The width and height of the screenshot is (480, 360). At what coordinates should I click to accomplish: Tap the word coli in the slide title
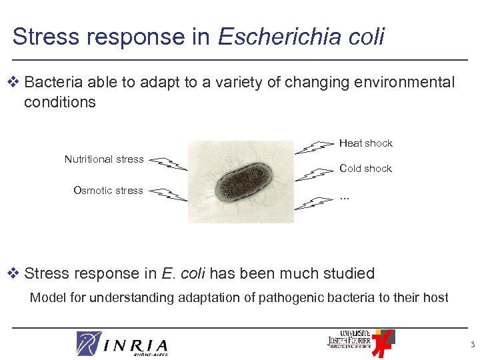point(366,36)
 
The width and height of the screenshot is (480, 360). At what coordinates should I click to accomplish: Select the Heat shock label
point(365,143)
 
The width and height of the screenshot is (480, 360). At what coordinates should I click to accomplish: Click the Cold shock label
point(365,169)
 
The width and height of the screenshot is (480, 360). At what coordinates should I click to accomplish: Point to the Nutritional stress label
point(104,159)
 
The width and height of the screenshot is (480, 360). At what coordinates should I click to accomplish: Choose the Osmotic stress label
point(108,191)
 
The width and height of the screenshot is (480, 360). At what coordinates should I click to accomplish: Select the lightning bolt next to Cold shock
point(314,173)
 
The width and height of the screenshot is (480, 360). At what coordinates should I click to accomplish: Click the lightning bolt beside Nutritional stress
point(167,163)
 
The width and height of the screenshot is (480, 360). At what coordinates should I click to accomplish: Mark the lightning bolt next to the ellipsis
point(314,203)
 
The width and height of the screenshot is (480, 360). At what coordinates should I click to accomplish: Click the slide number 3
point(471,345)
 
